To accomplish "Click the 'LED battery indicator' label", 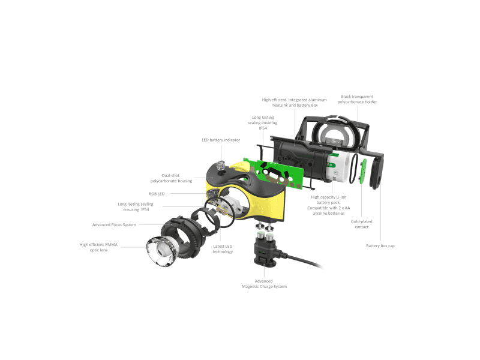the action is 221,140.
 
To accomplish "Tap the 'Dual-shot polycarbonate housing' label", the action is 171,178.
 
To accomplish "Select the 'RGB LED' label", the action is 157,194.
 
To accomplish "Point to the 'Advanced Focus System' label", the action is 114,224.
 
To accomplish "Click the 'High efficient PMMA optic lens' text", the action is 98,247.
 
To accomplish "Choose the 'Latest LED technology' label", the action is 223,249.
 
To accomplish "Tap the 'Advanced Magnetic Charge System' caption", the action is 264,284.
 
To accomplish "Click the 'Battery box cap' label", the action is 380,246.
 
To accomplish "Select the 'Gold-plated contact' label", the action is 362,224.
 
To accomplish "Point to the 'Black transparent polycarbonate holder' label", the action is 357,99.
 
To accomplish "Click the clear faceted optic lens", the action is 161,251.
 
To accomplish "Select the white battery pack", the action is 338,167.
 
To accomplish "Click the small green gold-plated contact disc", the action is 363,172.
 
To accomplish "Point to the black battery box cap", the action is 376,171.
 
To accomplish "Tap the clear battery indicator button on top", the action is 221,166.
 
